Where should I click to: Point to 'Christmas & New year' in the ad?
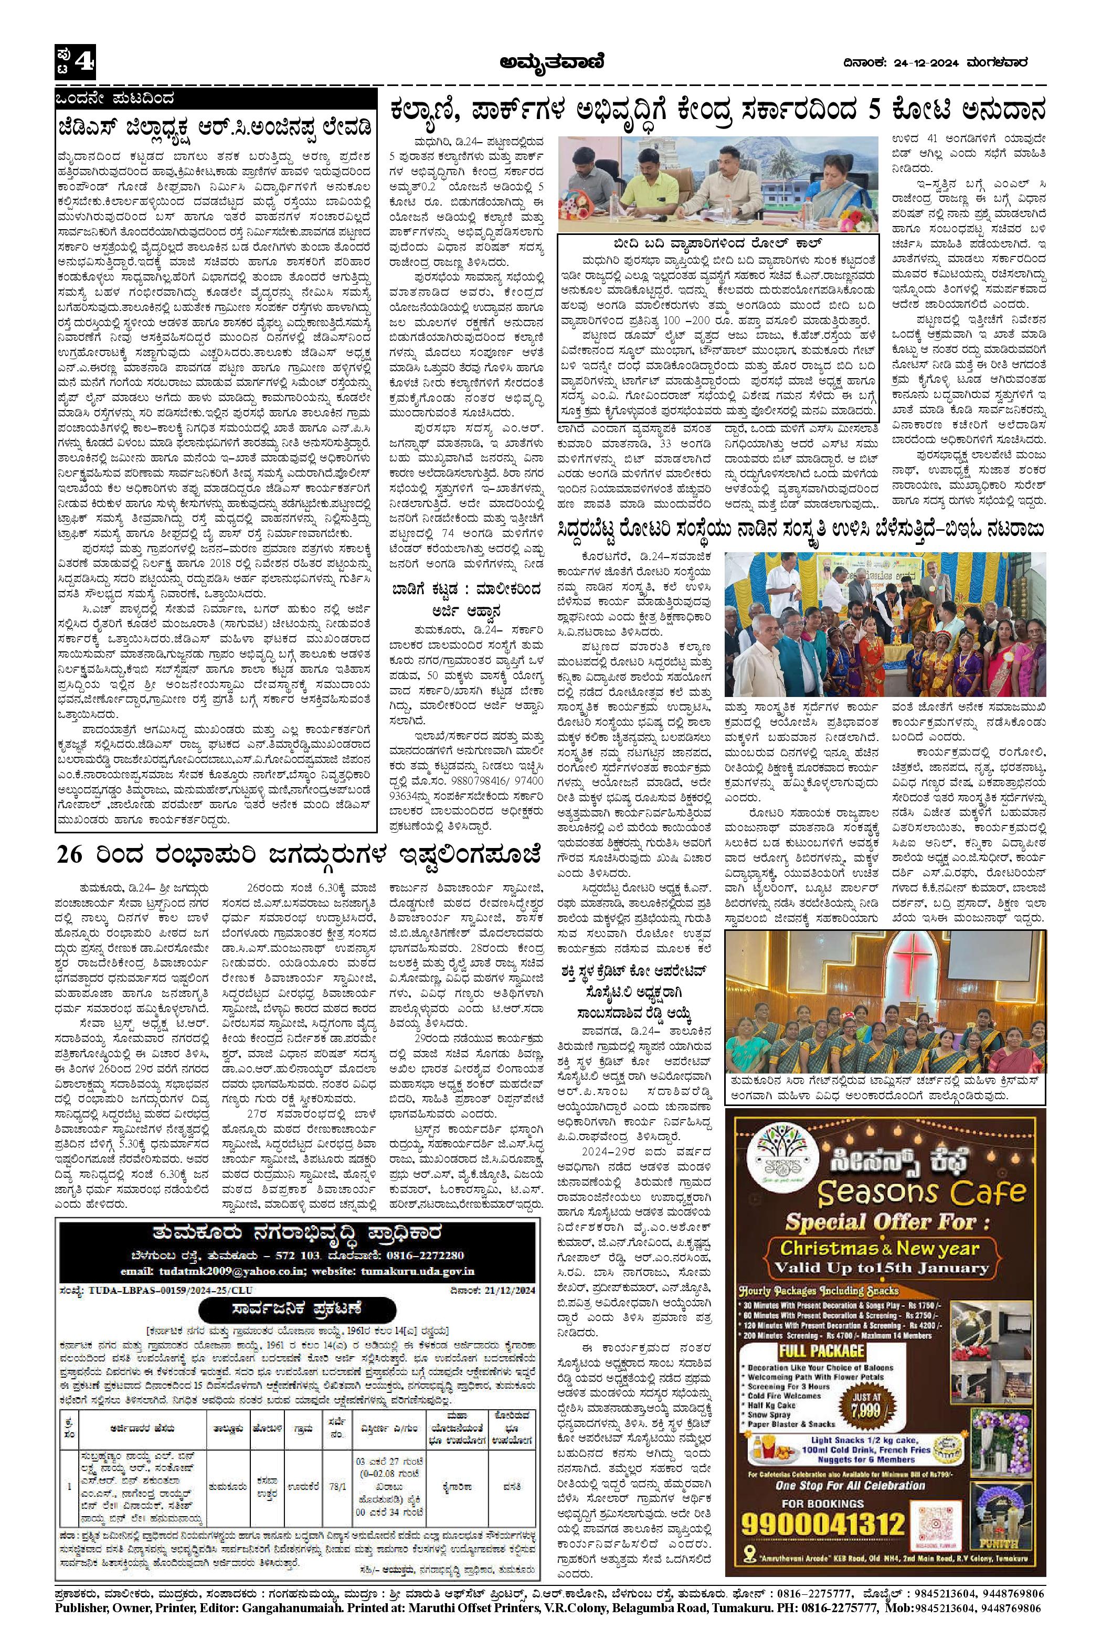pyautogui.click(x=879, y=1248)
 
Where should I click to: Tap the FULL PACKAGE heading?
pyautogui.click(x=821, y=1350)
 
